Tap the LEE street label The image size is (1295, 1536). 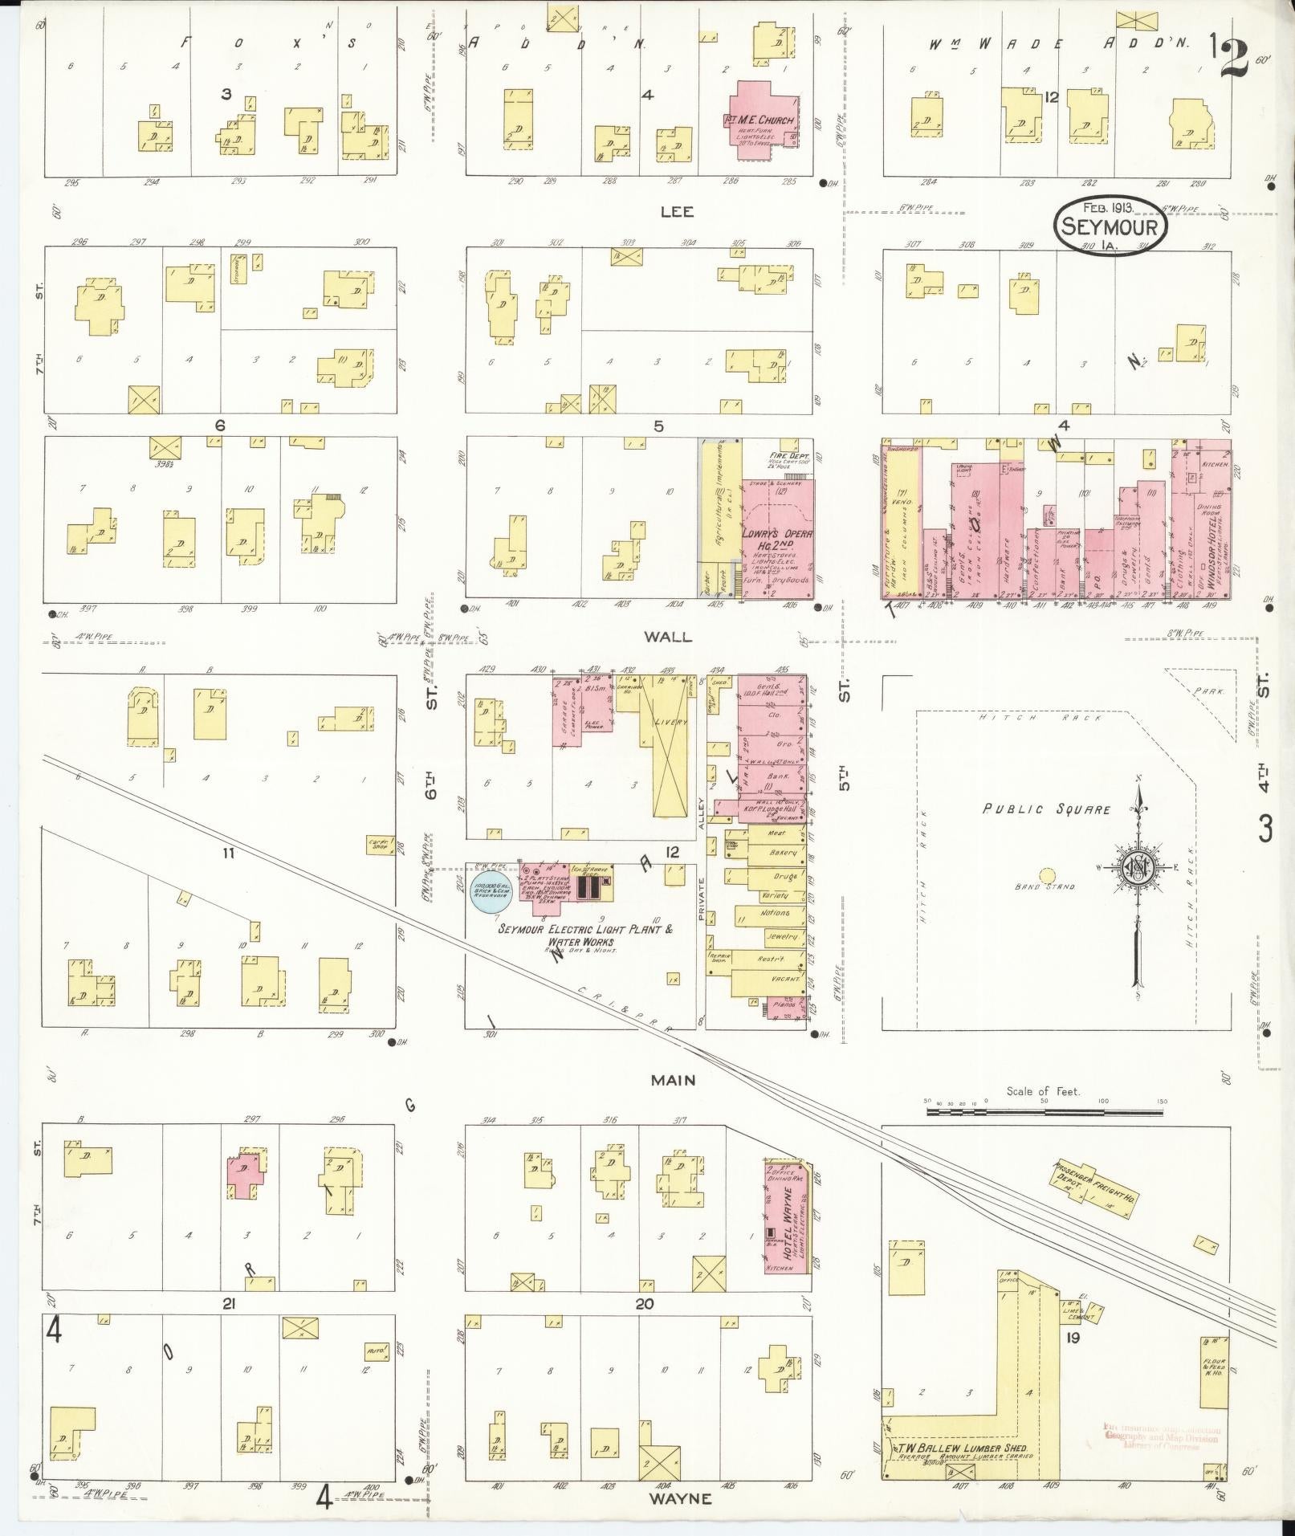(x=677, y=212)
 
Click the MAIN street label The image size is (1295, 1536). (x=673, y=1081)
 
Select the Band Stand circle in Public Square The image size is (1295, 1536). (x=1047, y=875)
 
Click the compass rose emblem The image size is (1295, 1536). (x=1138, y=867)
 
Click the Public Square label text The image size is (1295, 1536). (x=1047, y=809)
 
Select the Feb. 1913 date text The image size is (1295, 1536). (x=1108, y=209)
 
